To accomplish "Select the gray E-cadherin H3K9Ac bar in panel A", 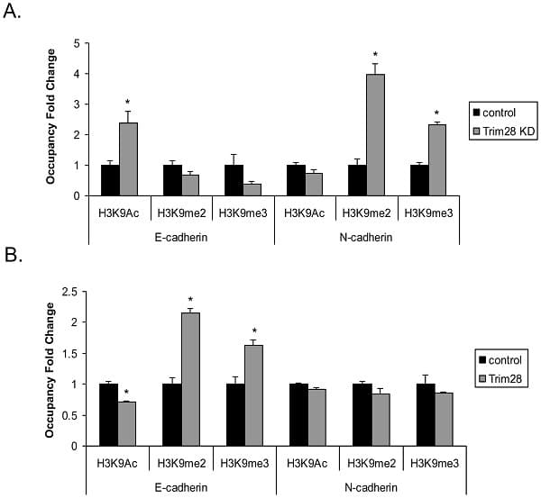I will tap(129, 159).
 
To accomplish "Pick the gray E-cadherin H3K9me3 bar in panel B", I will tap(253, 394).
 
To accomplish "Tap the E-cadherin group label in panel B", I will tap(182, 487).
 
